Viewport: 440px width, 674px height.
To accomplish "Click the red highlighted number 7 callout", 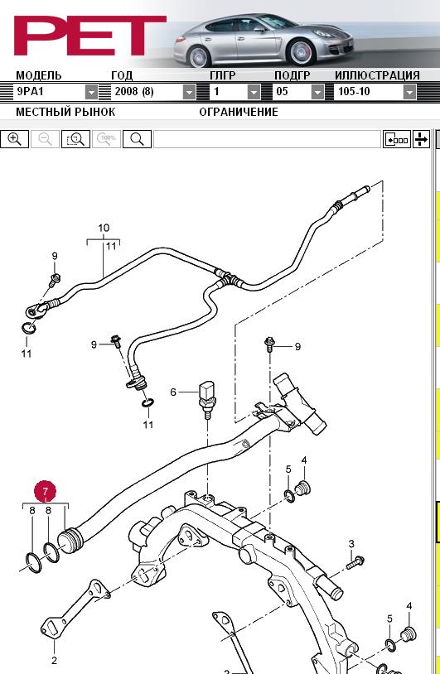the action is [x=46, y=491].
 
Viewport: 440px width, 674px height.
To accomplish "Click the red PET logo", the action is [x=89, y=36].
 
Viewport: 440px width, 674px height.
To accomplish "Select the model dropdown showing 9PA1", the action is [x=56, y=92].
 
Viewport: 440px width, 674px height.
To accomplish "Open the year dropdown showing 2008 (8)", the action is [x=153, y=92].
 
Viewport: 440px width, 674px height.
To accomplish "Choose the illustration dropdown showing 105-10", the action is [x=375, y=92].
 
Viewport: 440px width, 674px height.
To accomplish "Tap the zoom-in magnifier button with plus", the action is [x=14, y=139].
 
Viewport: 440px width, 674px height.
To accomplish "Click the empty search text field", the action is [x=267, y=139].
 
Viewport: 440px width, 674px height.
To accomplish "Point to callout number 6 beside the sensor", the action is [x=173, y=392].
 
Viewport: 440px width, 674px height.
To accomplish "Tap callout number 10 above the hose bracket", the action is [x=104, y=228].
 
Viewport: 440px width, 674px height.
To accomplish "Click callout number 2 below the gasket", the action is [x=54, y=660].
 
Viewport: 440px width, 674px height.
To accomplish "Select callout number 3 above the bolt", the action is [x=351, y=544].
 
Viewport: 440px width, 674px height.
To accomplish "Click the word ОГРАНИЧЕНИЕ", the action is [x=239, y=112].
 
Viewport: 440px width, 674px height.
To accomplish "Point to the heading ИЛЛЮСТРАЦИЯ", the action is [x=377, y=75].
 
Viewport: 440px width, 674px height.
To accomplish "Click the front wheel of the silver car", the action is [x=301, y=52].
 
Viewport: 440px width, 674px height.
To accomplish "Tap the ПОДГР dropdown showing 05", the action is [x=298, y=92].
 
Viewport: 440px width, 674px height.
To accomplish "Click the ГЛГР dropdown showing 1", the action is [x=235, y=92].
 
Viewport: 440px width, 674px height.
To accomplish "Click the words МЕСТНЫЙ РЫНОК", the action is [x=65, y=112].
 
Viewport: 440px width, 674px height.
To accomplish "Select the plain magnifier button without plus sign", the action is [x=137, y=139].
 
